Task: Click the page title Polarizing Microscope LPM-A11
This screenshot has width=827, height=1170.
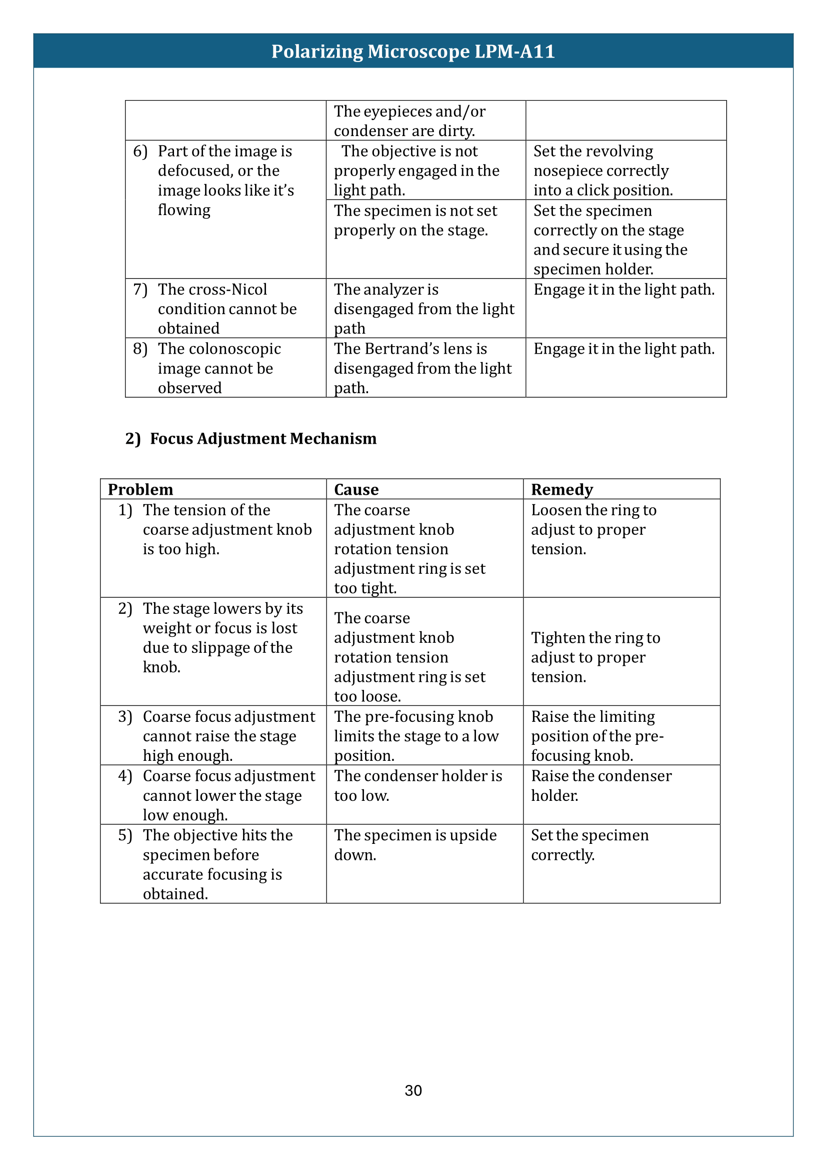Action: [x=413, y=52]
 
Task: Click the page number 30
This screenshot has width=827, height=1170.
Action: [x=413, y=1090]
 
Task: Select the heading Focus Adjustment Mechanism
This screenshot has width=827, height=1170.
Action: [x=263, y=439]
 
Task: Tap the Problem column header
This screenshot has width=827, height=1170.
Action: [x=140, y=490]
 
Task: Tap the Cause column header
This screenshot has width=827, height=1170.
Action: [x=356, y=490]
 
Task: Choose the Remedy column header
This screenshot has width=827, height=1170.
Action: [x=561, y=490]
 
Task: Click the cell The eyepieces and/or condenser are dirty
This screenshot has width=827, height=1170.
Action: [x=409, y=121]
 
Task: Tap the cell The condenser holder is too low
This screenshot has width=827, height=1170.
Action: [x=417, y=785]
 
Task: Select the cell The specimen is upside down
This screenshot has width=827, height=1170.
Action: [x=415, y=845]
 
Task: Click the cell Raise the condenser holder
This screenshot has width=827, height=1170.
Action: [x=601, y=785]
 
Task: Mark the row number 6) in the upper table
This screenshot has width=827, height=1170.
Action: [x=140, y=152]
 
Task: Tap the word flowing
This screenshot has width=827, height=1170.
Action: [x=184, y=210]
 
